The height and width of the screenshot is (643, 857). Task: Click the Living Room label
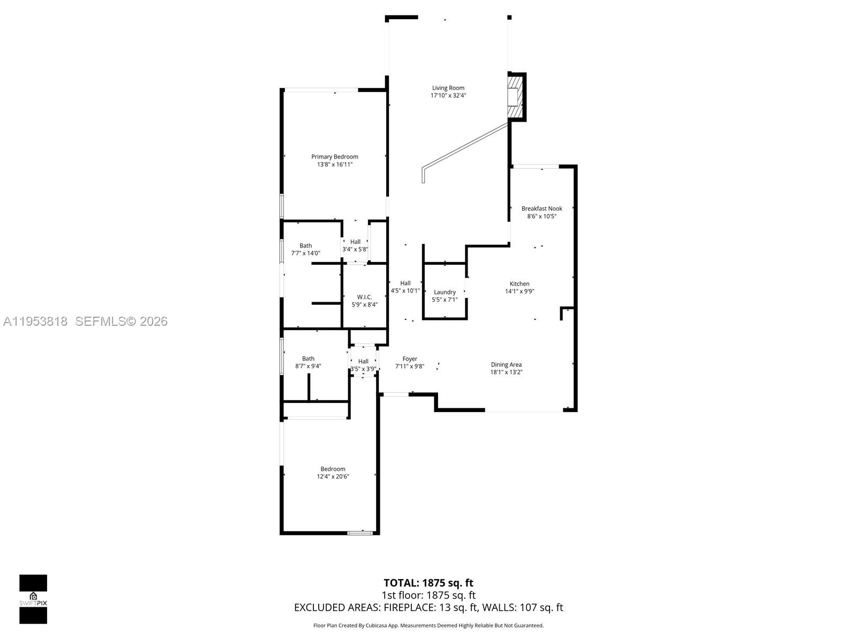point(448,88)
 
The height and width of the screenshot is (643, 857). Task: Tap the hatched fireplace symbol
point(515,97)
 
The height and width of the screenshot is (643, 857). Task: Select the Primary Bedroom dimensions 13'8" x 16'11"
point(335,165)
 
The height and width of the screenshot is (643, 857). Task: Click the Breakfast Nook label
point(542,208)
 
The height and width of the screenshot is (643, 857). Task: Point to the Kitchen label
point(519,284)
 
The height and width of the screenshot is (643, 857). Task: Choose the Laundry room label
point(445,292)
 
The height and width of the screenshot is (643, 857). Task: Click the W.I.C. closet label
point(364,297)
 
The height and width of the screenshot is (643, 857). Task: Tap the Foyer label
point(410,359)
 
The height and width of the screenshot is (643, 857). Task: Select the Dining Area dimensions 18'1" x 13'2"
point(506,372)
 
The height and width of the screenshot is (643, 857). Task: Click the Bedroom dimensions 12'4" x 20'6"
point(333,476)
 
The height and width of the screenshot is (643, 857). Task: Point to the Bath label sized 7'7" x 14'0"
point(305,246)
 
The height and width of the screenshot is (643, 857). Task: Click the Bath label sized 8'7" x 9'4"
point(308,359)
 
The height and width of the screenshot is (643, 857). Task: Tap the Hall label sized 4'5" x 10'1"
point(405,283)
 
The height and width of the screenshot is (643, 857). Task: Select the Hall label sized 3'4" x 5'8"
point(355,242)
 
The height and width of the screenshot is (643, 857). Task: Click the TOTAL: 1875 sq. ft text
point(428,583)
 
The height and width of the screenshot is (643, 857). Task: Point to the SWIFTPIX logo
point(33,599)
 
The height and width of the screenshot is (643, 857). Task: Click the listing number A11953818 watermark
point(35,322)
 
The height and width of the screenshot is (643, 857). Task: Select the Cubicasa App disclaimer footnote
point(428,625)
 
